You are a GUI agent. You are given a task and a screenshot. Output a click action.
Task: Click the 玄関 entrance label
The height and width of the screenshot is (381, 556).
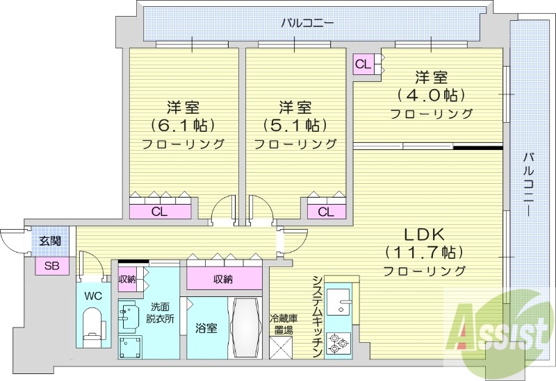click(x=49, y=242)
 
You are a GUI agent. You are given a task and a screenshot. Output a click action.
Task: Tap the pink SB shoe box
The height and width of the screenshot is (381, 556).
click(x=52, y=265)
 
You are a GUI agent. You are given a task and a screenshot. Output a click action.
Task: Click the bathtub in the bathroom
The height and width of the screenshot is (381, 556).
click(x=246, y=328)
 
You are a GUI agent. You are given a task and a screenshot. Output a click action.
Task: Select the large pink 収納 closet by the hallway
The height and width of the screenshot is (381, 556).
click(x=223, y=279)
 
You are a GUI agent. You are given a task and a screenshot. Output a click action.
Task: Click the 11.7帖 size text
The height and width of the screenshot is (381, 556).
click(x=424, y=251)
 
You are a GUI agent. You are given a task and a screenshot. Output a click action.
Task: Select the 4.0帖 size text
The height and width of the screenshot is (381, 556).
click(x=431, y=94)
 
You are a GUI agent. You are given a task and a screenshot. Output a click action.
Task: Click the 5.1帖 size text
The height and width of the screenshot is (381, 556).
click(x=295, y=126)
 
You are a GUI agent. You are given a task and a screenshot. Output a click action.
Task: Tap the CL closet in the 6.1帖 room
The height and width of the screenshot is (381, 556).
click(x=160, y=212)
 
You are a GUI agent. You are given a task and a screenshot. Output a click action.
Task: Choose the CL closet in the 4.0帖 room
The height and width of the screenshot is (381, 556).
click(x=363, y=65)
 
